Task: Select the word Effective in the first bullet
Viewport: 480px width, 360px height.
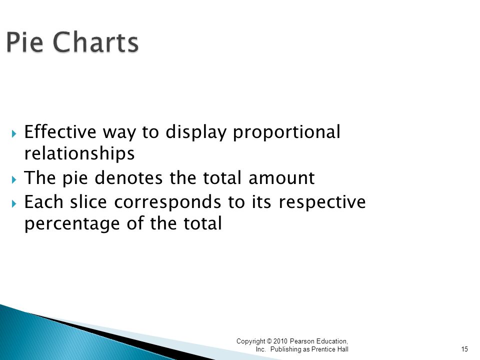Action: pyautogui.click(x=60, y=131)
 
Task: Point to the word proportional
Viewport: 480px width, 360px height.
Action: pyautogui.click(x=286, y=132)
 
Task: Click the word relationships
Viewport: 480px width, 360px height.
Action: pyautogui.click(x=79, y=153)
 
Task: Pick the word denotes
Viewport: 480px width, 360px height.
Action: pyautogui.click(x=128, y=178)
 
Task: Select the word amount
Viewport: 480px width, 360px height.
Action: pyautogui.click(x=281, y=178)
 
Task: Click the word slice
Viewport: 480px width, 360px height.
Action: pyautogui.click(x=88, y=202)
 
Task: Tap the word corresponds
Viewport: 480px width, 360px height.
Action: pyautogui.click(x=167, y=202)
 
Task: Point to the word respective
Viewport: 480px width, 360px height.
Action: pyautogui.click(x=322, y=202)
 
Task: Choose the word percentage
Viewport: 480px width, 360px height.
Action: pyautogui.click(x=72, y=224)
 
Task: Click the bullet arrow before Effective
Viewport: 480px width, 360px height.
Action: pyautogui.click(x=14, y=133)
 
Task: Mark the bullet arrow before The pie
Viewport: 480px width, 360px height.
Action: pyautogui.click(x=14, y=179)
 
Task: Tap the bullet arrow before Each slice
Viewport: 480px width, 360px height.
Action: pyautogui.click(x=14, y=203)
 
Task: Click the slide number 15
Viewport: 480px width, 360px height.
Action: pyautogui.click(x=464, y=349)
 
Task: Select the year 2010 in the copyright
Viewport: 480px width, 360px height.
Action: pyautogui.click(x=280, y=341)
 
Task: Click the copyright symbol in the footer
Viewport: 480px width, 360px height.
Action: pyautogui.click(x=269, y=341)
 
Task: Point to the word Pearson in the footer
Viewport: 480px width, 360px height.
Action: pyautogui.click(x=302, y=341)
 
